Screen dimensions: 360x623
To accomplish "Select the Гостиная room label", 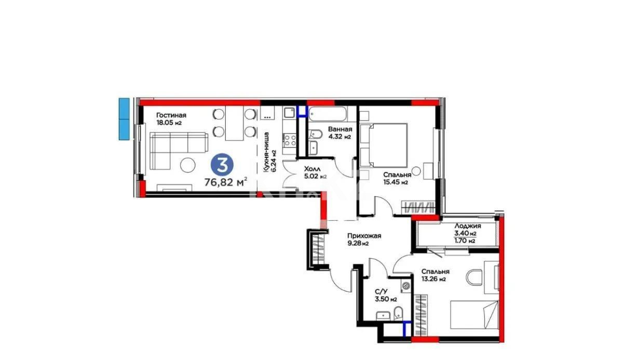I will coord(171,115).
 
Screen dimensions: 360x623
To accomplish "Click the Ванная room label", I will coord(340,129).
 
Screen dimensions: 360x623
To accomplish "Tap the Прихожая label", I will coord(364,236).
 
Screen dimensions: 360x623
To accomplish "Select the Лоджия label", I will coord(467,226).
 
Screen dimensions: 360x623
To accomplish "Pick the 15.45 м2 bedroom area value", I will coord(395,182).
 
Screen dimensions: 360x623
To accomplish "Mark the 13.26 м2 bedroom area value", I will coord(433,279).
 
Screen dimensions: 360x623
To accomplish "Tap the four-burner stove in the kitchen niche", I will coord(289,139).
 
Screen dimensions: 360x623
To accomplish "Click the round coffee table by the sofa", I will coord(186,166).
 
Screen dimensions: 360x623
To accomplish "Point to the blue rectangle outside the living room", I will coord(124,118).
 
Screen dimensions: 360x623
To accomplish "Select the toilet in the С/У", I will coord(398,313).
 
